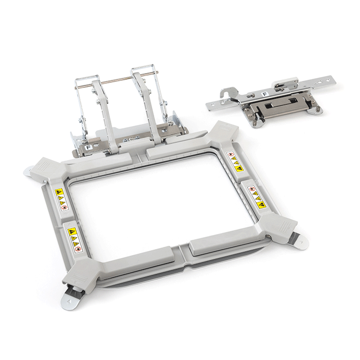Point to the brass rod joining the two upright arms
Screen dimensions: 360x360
pos(121,80)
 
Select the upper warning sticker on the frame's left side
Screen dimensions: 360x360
pos(61,199)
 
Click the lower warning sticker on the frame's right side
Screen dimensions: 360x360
pos(256,197)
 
